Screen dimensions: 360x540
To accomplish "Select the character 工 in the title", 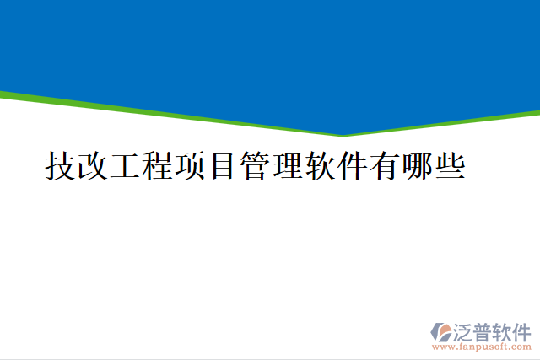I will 124,166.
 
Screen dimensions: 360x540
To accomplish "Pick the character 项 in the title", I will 189,166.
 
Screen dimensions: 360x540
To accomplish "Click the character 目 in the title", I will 221,166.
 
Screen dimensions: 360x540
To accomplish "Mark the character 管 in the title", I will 254,166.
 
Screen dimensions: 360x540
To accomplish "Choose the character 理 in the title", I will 286,166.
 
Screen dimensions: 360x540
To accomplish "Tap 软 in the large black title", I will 319,166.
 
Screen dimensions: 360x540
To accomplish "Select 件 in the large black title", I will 351,166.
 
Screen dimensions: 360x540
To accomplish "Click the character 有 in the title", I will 384,166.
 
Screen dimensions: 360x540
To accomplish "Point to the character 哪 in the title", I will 416,166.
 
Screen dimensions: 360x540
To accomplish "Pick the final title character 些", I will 449,166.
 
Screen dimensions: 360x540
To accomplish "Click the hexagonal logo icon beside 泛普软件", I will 442,332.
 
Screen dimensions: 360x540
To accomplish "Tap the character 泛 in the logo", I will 466,330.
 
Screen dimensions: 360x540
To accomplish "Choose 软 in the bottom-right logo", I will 507,330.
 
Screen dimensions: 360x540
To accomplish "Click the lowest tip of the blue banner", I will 343,133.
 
